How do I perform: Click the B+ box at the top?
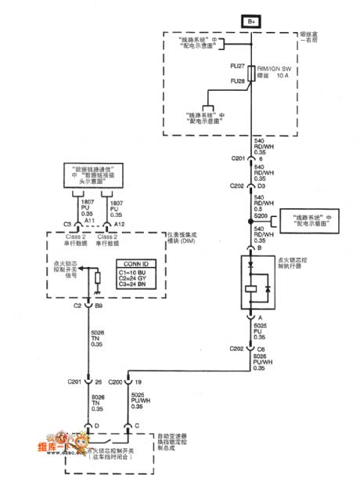[x=253, y=21]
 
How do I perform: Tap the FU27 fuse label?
[x=237, y=68]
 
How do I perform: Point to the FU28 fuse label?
[x=237, y=81]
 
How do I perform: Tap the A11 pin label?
[x=88, y=222]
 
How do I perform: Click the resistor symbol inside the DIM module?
[x=96, y=279]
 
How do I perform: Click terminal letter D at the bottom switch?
[x=96, y=427]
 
